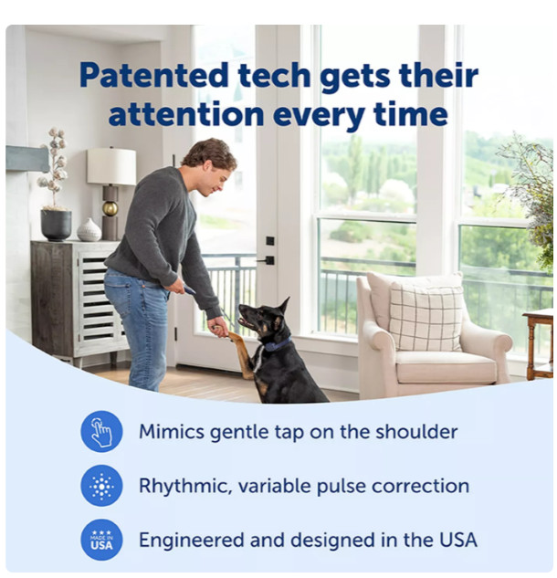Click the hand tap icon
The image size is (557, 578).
[x=101, y=432]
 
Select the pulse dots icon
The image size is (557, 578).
[x=101, y=486]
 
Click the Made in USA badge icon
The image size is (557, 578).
[x=101, y=540]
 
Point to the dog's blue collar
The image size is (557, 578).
[x=276, y=344]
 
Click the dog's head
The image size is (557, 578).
[x=265, y=319]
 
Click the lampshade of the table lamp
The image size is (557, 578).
[x=111, y=166]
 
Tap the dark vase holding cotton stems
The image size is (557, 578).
[x=56, y=225]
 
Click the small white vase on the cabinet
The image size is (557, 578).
[x=89, y=230]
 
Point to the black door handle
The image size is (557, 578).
[x=267, y=260]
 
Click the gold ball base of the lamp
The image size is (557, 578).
[x=110, y=208]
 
